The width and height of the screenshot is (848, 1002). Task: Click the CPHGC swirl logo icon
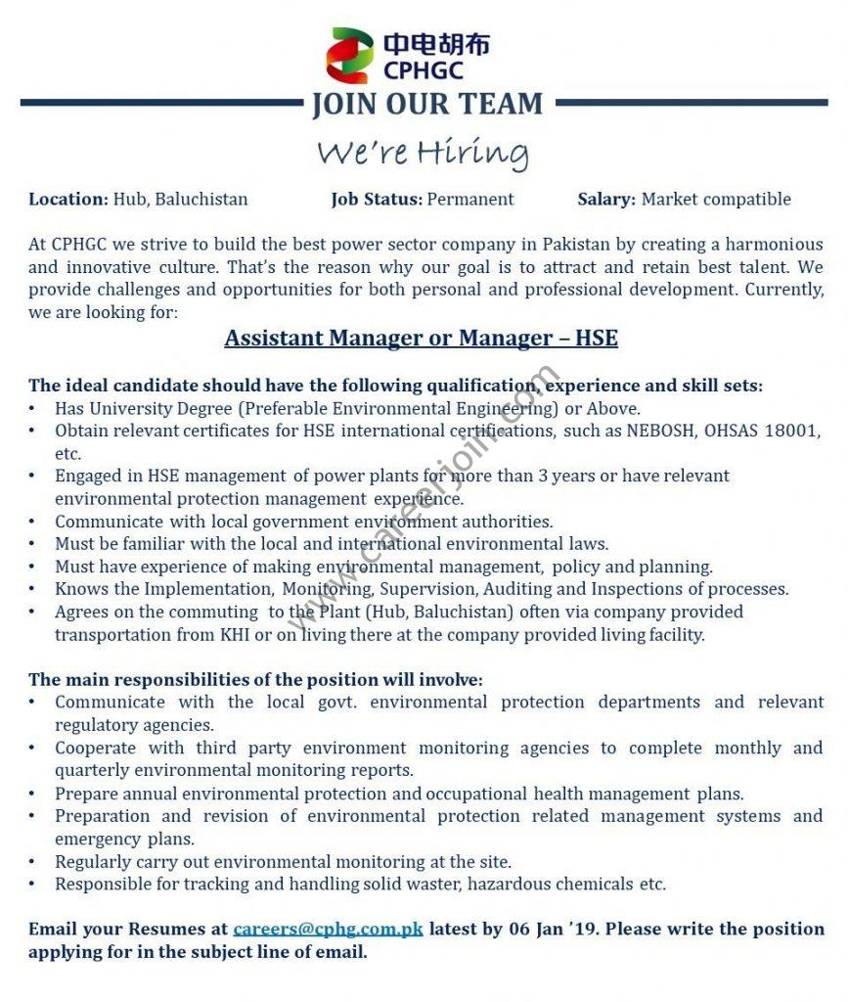(349, 56)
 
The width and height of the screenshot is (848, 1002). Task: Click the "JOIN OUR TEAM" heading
(427, 104)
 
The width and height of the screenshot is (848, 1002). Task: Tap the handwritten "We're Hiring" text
(423, 153)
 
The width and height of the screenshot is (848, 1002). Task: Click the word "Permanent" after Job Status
(470, 199)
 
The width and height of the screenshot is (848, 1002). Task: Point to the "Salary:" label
(606, 199)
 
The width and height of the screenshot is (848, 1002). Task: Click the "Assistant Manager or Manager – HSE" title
(422, 338)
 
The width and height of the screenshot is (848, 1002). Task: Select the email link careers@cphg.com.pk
(328, 929)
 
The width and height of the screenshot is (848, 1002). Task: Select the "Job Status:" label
(377, 199)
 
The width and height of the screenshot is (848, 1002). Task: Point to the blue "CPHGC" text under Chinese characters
(423, 70)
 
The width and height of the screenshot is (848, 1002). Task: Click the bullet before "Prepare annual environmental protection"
(33, 794)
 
